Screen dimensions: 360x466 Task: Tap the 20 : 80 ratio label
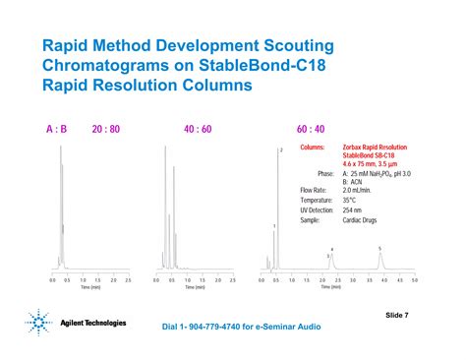[x=106, y=129]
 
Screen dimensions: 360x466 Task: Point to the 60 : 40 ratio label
[x=312, y=129]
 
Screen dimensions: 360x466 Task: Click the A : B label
[x=56, y=129]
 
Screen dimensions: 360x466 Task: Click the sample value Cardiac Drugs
[x=363, y=221]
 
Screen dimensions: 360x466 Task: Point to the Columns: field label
[x=313, y=147]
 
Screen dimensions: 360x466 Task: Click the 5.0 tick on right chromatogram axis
[x=415, y=280]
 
